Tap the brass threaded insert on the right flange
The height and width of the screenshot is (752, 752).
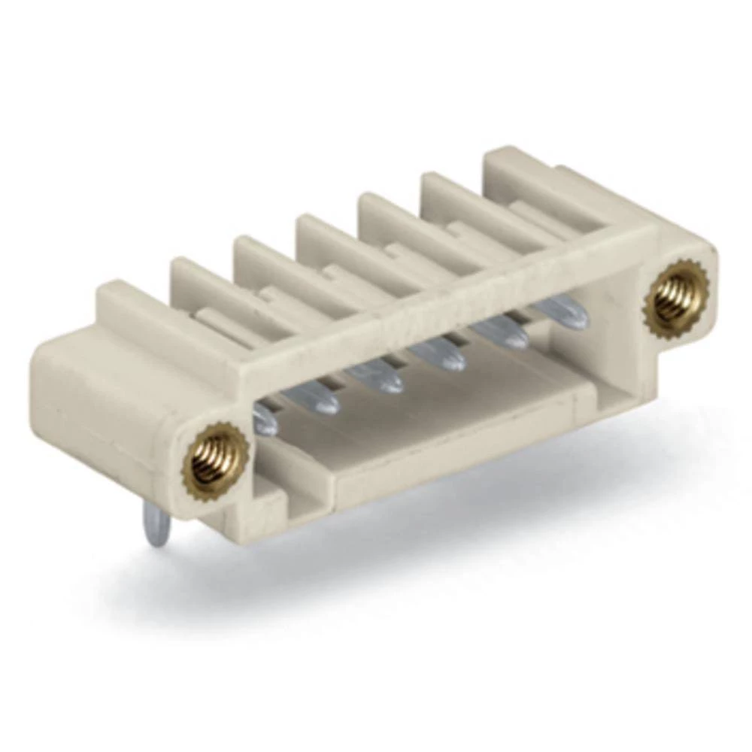pos(676,295)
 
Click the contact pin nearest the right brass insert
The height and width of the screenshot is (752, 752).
pos(566,312)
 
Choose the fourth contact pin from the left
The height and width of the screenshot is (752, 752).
pos(442,355)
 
